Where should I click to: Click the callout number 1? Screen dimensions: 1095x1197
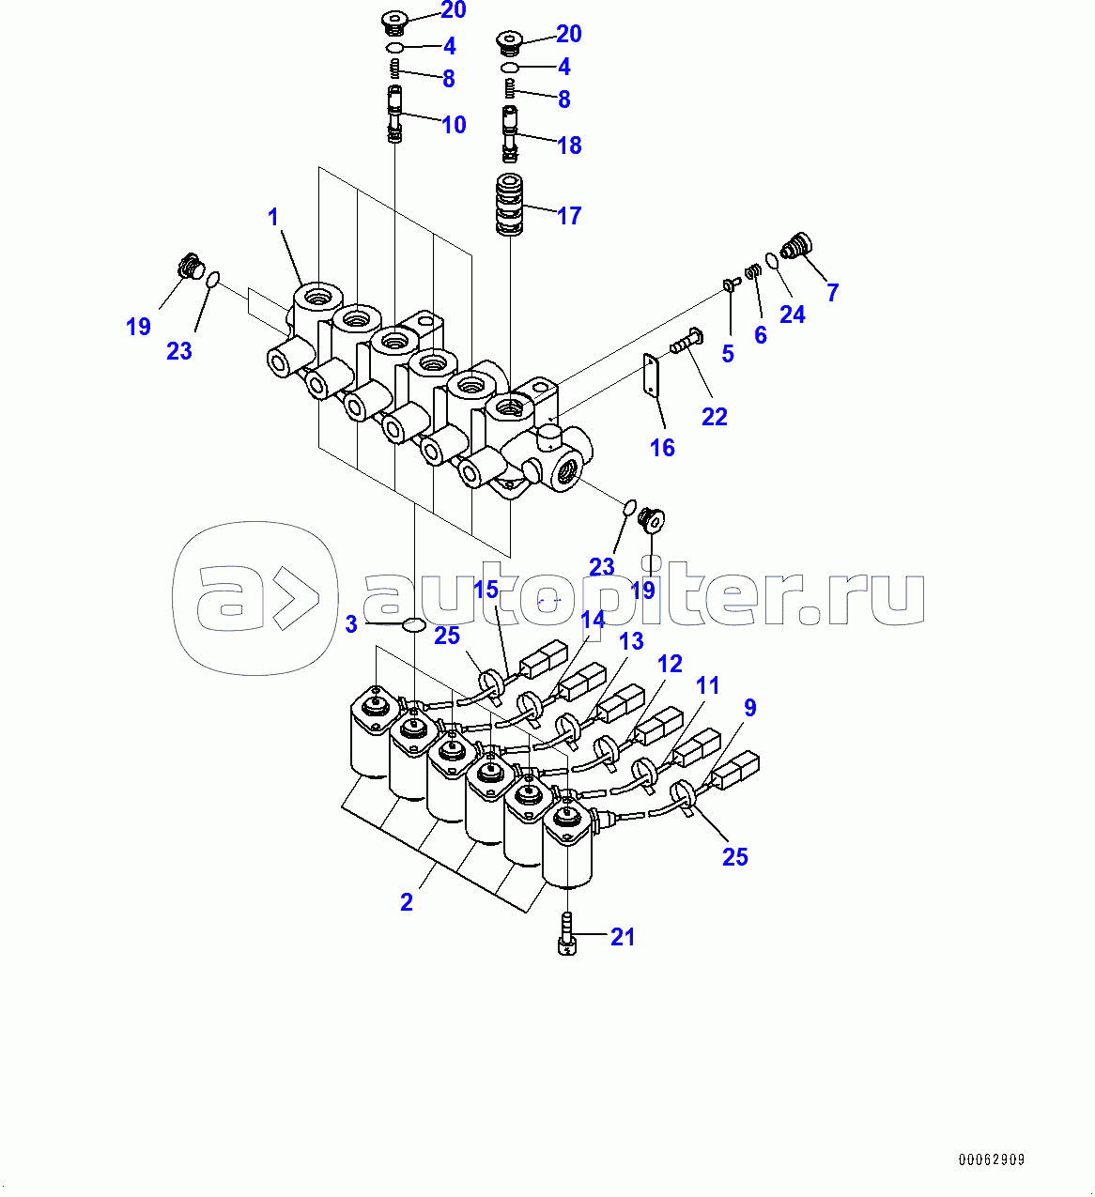[273, 217]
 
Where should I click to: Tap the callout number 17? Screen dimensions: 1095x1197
[568, 215]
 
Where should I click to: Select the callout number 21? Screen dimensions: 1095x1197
[622, 937]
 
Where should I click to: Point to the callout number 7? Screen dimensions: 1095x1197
[832, 292]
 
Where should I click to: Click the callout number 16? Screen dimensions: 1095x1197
[662, 448]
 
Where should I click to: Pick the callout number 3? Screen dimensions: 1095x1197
[351, 624]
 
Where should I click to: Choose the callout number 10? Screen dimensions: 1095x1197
[454, 125]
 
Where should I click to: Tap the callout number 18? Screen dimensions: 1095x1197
[569, 145]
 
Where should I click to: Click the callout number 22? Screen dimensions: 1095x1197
[714, 417]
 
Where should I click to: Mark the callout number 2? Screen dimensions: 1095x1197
[406, 902]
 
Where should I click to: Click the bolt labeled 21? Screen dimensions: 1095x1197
[567, 934]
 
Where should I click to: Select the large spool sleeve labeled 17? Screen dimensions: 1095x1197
[509, 204]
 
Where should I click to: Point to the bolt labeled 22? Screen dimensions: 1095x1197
[686, 341]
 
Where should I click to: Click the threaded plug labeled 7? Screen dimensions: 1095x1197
[797, 246]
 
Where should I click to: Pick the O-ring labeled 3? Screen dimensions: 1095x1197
[414, 624]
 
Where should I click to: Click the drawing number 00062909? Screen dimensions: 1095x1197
[992, 1159]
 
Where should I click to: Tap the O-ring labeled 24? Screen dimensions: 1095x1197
[772, 261]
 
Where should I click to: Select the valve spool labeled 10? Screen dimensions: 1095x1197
[394, 114]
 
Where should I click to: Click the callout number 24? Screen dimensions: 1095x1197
[793, 315]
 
